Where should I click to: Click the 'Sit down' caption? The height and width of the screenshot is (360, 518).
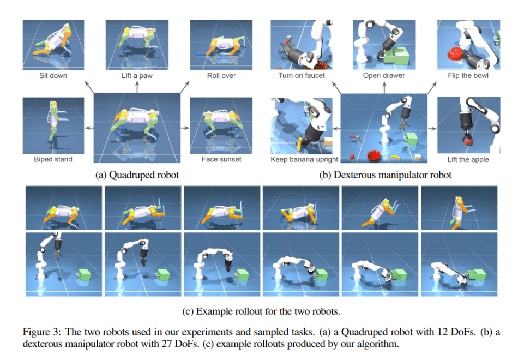point(53,75)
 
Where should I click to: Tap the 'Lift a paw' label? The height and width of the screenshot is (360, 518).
point(137,75)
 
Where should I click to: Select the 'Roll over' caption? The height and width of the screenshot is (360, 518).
point(221,75)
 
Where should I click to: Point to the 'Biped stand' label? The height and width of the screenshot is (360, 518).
point(53,160)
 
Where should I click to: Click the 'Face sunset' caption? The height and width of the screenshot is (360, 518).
point(221,160)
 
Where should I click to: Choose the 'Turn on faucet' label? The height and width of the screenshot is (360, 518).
point(302,75)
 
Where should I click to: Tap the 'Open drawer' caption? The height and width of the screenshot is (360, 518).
point(384,75)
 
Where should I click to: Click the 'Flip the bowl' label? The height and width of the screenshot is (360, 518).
point(468,75)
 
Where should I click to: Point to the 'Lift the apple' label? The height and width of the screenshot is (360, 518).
point(468,160)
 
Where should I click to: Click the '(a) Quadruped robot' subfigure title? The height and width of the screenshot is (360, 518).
point(136,175)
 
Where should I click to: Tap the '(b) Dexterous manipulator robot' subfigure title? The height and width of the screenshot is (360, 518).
point(385,175)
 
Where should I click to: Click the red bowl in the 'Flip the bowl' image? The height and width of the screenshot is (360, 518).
point(454,53)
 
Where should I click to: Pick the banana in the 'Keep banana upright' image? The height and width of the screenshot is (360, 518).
point(301,142)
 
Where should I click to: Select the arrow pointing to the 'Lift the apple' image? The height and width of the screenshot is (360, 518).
point(431,128)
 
